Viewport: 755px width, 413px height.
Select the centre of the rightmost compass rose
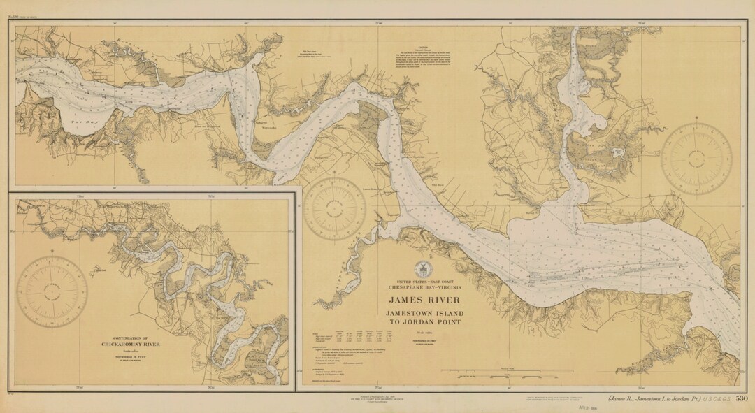696,159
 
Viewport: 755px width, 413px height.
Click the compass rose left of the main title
335,206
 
